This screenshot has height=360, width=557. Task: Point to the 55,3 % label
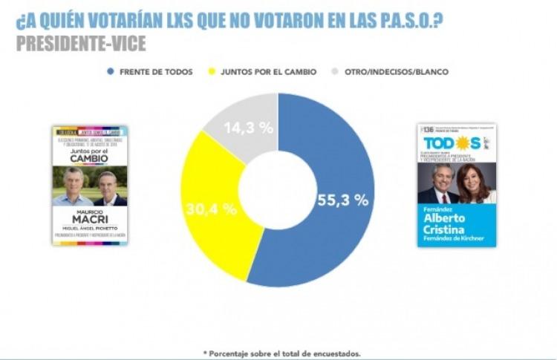pos(342,200)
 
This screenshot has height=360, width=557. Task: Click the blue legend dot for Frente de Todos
pos(110,72)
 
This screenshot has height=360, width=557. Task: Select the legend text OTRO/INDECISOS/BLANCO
pos(396,72)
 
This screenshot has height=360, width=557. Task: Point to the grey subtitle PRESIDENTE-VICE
pos(81,44)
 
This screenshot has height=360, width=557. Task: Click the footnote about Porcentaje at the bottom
pos(281,353)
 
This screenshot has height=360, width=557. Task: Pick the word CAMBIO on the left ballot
pos(89,158)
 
